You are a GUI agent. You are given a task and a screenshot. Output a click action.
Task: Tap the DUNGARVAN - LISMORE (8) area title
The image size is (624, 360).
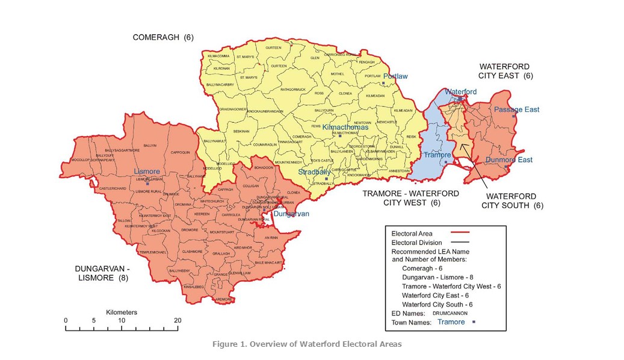pyautogui.click(x=102, y=273)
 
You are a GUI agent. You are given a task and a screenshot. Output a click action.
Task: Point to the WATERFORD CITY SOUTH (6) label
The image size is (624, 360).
pyautogui.click(x=514, y=200)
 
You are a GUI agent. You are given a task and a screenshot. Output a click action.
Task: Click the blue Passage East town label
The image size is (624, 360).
pyautogui.click(x=516, y=110)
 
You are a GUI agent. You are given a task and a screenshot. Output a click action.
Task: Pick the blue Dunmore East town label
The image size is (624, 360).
pyautogui.click(x=509, y=160)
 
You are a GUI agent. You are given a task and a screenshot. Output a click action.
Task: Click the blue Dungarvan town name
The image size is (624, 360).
pyautogui.click(x=291, y=214)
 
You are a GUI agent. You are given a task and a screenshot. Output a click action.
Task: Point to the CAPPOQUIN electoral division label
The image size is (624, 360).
pyautogui.click(x=180, y=152)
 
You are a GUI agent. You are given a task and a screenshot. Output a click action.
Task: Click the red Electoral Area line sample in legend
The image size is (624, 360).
pyautogui.click(x=459, y=233)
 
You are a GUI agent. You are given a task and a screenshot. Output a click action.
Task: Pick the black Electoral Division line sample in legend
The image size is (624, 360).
pyautogui.click(x=459, y=243)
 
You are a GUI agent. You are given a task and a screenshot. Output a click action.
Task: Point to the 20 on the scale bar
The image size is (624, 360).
pyautogui.click(x=177, y=320)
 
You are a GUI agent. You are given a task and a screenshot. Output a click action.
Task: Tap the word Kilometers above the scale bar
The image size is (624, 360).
pyautogui.click(x=122, y=312)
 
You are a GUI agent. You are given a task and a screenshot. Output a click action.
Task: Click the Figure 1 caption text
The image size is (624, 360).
pyautogui.click(x=306, y=344)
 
